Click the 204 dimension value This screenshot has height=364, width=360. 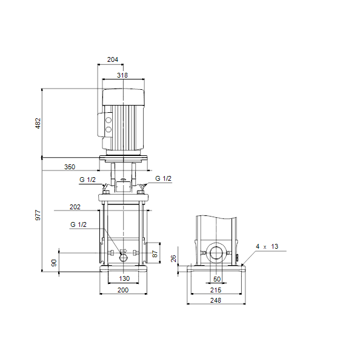[x=113, y=59]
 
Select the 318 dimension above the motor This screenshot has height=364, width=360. [x=122, y=75]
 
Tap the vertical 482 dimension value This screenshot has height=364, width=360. [x=38, y=123]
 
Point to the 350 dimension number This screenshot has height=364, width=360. [x=70, y=167]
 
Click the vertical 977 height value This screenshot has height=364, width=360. [x=38, y=215]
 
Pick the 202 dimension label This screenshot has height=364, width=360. [x=75, y=207]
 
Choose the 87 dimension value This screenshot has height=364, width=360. [x=155, y=254]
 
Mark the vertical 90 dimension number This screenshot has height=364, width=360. [x=54, y=263]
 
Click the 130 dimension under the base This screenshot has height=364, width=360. [x=124, y=278]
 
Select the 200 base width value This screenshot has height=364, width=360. [x=123, y=290]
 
